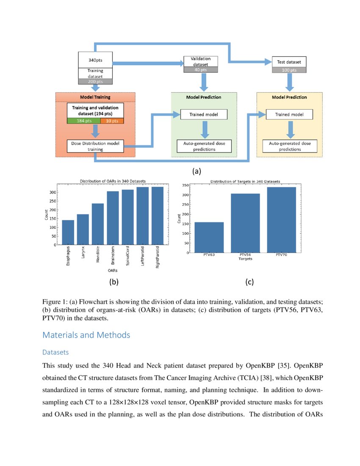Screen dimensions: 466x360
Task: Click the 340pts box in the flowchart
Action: [95, 60]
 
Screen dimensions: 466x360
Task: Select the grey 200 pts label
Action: [95, 81]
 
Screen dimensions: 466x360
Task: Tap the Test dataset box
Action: [289, 62]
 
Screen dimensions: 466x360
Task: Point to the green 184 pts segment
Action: [83, 121]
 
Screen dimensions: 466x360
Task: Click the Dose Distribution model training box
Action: [95, 146]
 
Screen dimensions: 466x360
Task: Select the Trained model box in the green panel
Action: [203, 114]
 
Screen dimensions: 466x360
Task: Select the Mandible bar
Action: [98, 224]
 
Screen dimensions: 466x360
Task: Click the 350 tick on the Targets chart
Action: [186, 185]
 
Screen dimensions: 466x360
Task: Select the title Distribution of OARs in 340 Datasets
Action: [113, 181]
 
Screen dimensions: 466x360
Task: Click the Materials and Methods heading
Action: [86, 335]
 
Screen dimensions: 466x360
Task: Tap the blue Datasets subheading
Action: [55, 352]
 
